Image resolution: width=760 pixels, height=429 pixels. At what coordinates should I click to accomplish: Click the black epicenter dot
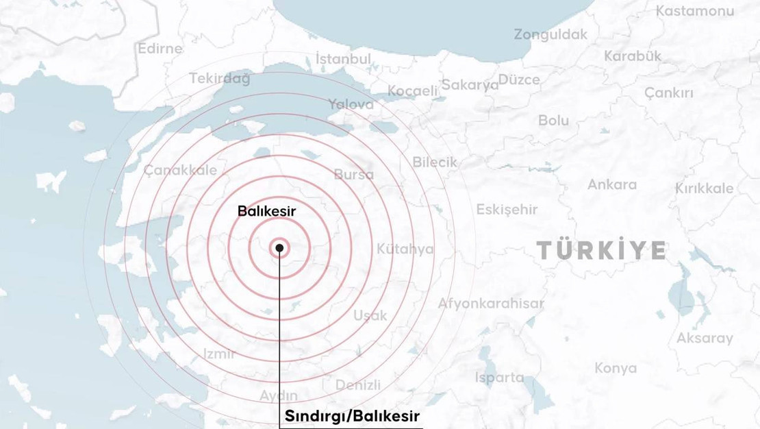click(x=279, y=248)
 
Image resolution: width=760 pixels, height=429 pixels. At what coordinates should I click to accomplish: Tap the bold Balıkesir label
click(x=266, y=211)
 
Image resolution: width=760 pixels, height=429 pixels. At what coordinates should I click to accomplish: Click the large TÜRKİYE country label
click(x=601, y=251)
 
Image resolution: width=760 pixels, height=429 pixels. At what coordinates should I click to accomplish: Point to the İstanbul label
click(x=343, y=59)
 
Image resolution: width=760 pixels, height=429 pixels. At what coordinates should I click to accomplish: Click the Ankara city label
click(x=611, y=184)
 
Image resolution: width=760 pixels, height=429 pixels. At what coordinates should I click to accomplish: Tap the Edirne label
click(x=160, y=49)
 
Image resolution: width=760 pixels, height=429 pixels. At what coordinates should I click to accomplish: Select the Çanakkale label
click(x=180, y=171)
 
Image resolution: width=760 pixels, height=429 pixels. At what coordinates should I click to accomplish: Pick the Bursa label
click(x=354, y=175)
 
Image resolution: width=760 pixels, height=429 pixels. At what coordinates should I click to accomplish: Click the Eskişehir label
click(x=507, y=210)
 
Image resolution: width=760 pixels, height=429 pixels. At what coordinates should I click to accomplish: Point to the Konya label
click(x=615, y=368)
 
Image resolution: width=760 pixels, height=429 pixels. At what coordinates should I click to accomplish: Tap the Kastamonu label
click(x=694, y=11)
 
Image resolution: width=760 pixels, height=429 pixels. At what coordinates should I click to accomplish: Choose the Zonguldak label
click(x=550, y=34)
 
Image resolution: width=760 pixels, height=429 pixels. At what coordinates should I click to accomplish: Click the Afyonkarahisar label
click(x=491, y=303)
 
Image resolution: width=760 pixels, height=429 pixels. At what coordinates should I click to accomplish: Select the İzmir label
click(x=220, y=354)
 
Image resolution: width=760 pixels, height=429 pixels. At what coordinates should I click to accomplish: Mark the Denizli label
click(x=358, y=385)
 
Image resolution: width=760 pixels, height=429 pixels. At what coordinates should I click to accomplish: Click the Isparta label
click(x=499, y=377)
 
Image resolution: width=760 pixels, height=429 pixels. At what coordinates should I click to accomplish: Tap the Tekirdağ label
click(x=220, y=78)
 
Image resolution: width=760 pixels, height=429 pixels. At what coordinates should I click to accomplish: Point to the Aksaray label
click(x=705, y=338)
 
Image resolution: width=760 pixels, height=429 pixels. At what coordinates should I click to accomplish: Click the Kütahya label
click(x=405, y=249)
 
